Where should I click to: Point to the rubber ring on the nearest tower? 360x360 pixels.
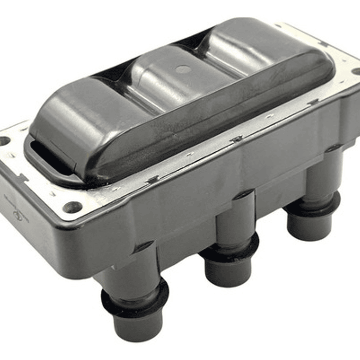click(135, 298)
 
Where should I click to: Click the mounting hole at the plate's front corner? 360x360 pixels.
click(73, 207)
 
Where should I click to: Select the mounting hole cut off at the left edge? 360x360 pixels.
click(4, 141)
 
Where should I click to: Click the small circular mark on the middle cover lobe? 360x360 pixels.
click(184, 69)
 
